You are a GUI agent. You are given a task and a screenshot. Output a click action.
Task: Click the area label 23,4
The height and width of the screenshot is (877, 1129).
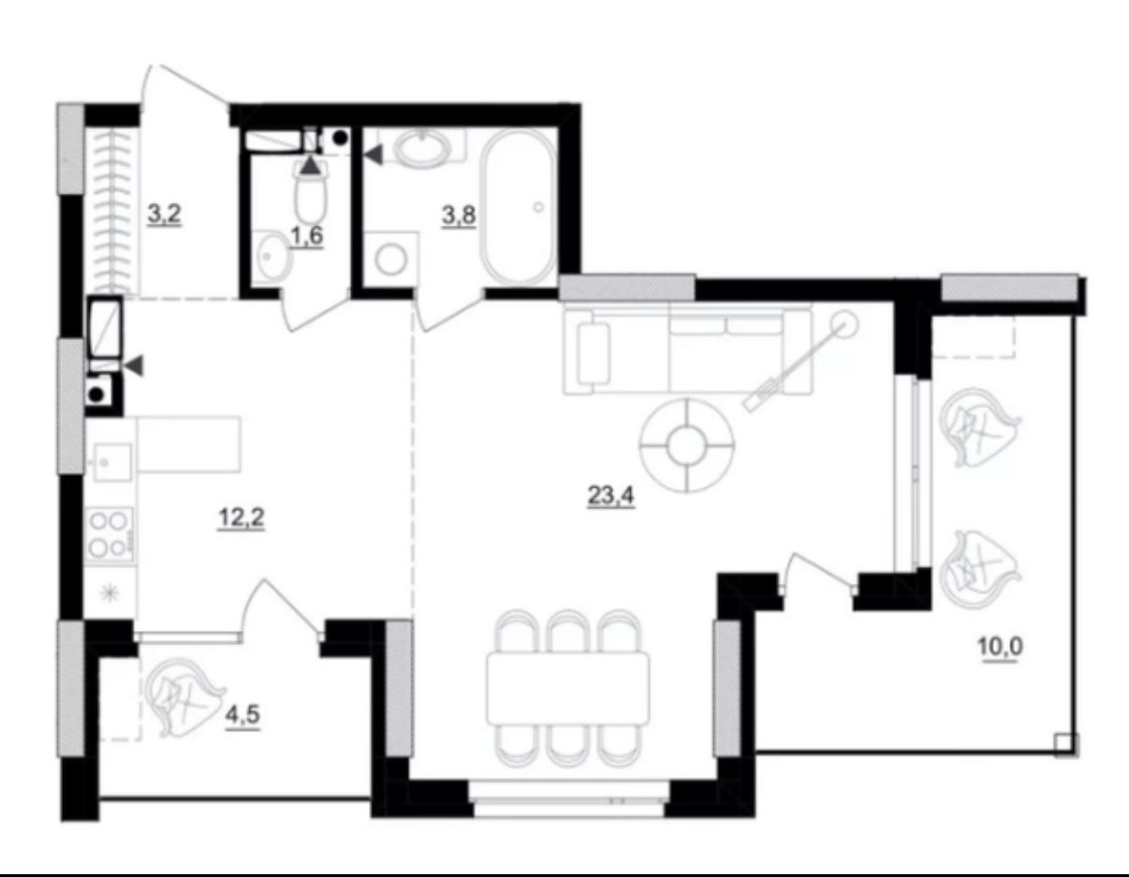click(610, 496)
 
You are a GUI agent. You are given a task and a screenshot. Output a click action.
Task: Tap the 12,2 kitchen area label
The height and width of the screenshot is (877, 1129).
click(242, 518)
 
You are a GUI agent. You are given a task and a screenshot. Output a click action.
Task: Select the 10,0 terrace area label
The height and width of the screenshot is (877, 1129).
click(1000, 648)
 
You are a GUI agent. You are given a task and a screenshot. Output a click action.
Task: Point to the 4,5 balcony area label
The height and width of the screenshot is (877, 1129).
click(242, 715)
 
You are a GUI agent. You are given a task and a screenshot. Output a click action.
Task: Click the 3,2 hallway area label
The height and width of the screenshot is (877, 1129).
click(164, 214)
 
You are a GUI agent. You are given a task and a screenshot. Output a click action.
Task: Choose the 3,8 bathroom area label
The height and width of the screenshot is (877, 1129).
click(459, 214)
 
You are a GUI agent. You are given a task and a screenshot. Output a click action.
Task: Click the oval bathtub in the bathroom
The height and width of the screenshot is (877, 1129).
click(518, 206)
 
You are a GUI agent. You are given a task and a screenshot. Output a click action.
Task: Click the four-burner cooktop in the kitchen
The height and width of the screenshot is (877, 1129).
click(109, 534)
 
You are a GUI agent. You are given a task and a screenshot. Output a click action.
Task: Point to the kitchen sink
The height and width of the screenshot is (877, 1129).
click(111, 462)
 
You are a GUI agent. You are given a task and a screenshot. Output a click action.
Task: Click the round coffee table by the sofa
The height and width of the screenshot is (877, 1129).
click(687, 446)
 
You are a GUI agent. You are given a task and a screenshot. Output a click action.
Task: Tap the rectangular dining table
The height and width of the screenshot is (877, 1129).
click(568, 689)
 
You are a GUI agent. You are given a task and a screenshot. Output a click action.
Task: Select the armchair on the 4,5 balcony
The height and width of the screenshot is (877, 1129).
click(186, 697)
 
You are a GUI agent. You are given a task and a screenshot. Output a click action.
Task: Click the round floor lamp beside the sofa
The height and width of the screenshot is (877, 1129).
click(843, 325)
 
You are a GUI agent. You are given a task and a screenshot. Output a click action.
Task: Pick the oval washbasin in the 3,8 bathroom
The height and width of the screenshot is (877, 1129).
click(422, 148)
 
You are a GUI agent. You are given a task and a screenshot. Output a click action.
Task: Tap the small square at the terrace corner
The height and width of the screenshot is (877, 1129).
click(1066, 743)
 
